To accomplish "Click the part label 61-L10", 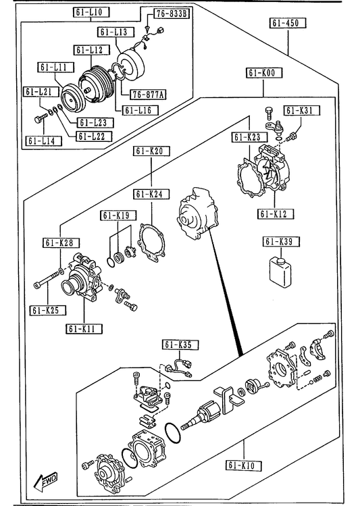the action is tap(91, 13).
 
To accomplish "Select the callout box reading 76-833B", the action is tap(172, 14).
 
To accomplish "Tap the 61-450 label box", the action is tap(288, 23).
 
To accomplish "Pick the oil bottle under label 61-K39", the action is tap(280, 272).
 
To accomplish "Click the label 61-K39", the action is tap(281, 242).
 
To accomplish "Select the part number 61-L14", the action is tap(44, 141).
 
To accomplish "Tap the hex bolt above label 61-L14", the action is tap(41, 118).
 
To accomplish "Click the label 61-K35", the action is tap(180, 345).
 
